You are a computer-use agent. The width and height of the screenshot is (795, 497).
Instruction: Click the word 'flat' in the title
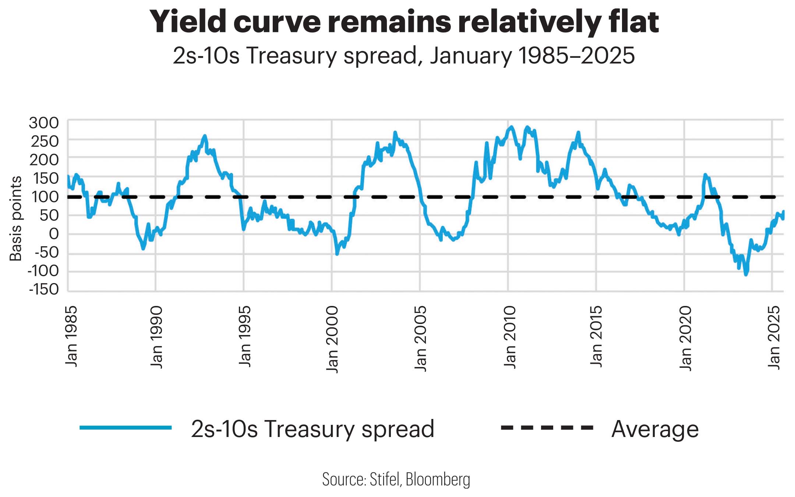coord(633,22)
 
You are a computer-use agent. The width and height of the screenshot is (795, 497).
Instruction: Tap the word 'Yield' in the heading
coord(187,22)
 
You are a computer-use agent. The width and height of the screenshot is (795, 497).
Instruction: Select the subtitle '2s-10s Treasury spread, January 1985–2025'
coord(404,56)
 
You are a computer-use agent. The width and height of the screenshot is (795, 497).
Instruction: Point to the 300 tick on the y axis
coord(44,123)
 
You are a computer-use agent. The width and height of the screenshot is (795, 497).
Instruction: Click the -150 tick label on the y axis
coord(44,289)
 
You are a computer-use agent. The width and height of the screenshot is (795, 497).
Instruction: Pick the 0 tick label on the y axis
coord(53,234)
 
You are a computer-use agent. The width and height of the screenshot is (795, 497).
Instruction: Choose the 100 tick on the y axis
coord(45,197)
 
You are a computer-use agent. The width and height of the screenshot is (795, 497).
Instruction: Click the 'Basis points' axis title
coord(15,219)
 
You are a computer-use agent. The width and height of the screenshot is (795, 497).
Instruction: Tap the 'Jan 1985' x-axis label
coord(71,336)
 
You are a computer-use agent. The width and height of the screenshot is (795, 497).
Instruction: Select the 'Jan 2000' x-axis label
coord(332,339)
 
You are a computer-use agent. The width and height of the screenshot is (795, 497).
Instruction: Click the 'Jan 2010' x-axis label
coord(510,337)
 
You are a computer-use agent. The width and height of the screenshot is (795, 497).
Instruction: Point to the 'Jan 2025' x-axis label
coord(774,337)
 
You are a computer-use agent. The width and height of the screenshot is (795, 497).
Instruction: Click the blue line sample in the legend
coord(126,427)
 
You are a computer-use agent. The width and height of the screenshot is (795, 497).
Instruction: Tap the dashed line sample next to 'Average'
coord(547,427)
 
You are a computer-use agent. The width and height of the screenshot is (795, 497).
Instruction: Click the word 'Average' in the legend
coord(655,429)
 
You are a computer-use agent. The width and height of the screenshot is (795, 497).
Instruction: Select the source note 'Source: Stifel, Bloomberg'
coord(396,479)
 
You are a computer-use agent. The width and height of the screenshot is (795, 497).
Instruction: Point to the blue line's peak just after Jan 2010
coord(511,127)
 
